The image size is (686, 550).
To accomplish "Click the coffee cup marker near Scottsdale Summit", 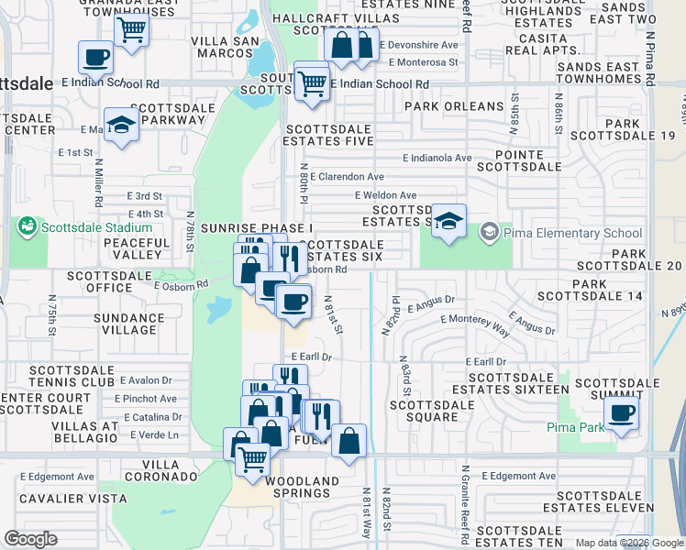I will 621,412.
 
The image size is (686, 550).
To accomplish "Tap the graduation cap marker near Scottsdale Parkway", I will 120,126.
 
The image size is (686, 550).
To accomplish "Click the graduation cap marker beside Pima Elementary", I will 447,221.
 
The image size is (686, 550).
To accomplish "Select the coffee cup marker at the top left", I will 95,58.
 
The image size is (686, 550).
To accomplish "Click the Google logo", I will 31,538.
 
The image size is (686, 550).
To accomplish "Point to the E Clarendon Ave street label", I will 347,176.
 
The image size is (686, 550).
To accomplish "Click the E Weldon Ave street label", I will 385,195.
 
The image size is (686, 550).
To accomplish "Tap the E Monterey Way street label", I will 475,320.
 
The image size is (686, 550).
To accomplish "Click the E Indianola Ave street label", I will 439,158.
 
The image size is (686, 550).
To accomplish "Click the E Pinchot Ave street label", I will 148,399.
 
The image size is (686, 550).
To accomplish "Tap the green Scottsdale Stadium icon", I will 26,226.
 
